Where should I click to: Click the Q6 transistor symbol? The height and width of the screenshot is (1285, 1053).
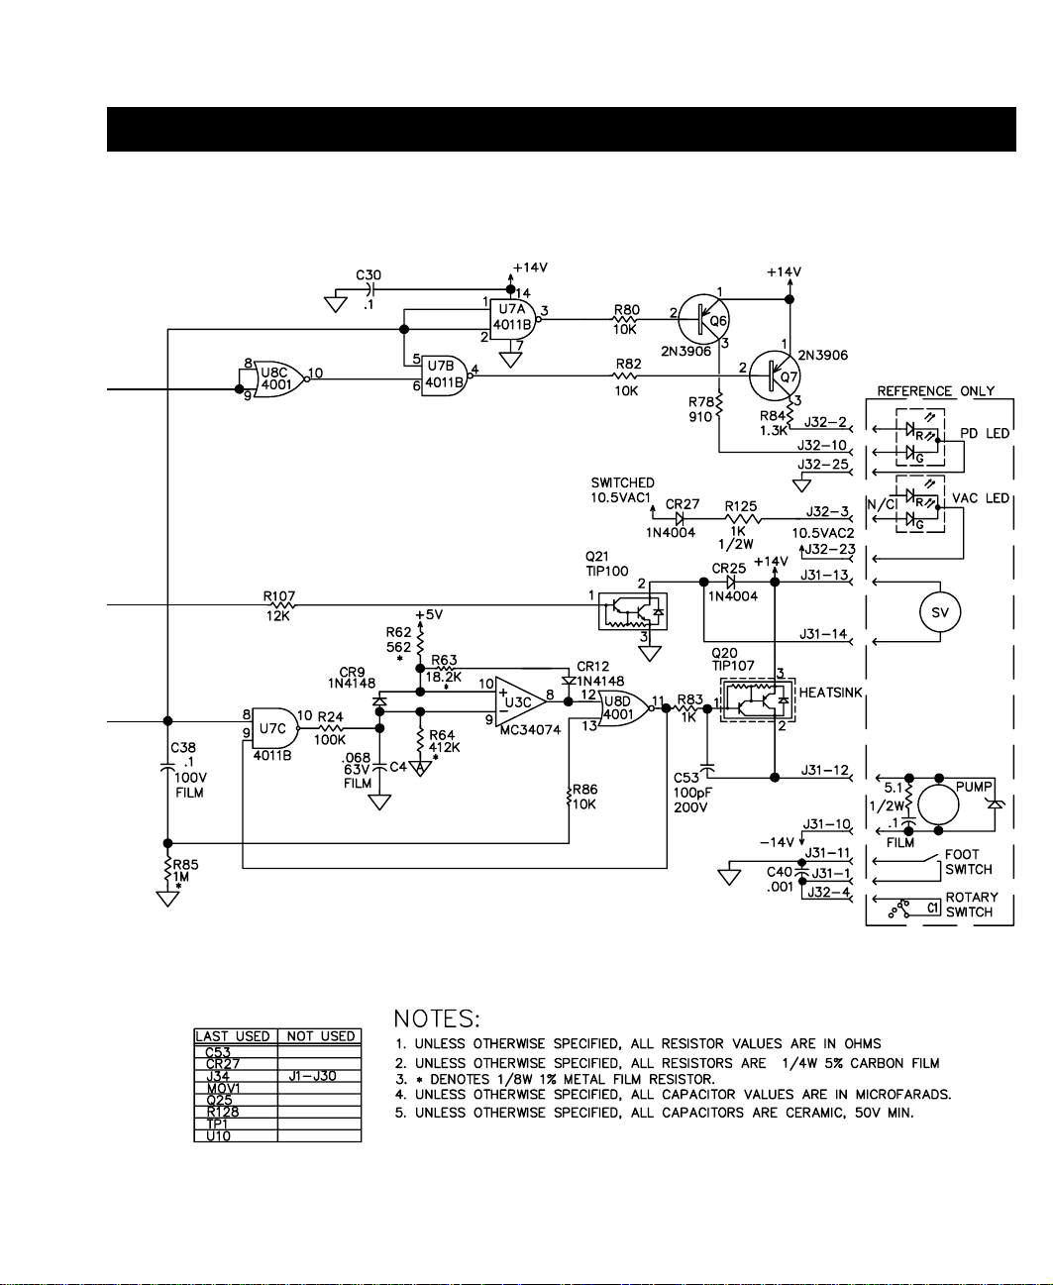704,319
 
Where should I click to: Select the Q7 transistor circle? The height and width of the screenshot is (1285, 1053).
775,375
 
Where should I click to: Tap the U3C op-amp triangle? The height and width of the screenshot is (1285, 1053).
521,701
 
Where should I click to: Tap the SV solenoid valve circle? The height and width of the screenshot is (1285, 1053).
940,612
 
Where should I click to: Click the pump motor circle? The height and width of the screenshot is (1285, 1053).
938,804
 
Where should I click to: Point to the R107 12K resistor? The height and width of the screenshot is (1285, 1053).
279,605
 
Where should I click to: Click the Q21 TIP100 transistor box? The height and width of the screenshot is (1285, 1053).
633,611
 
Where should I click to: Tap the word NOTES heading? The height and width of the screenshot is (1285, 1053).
437,1019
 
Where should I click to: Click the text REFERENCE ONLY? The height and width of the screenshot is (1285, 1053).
935,391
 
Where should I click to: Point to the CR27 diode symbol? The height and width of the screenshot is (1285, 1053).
681,519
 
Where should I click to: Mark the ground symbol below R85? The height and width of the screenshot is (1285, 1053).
167,900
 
